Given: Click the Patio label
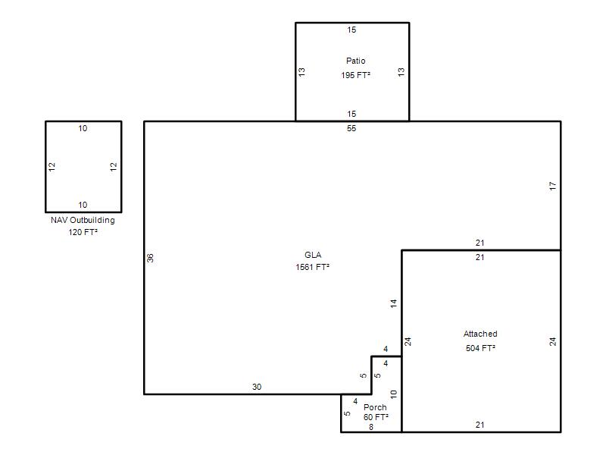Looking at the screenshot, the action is (355, 61).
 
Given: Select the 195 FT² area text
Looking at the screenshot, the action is (355, 75).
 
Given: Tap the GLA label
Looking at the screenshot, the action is (313, 255).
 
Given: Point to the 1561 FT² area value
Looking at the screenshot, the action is (313, 267).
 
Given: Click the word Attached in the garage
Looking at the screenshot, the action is (480, 334).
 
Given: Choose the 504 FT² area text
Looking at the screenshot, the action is (480, 348).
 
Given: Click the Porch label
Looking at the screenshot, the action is (375, 407).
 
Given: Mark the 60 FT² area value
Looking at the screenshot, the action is (376, 417).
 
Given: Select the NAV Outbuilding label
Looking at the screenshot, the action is (83, 220).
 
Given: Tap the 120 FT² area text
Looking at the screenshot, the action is (83, 232).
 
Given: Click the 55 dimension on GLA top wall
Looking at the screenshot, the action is (351, 128).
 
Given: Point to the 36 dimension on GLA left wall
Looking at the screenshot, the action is (150, 258).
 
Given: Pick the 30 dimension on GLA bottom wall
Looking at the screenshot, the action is (257, 387).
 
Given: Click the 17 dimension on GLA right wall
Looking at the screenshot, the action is (553, 186).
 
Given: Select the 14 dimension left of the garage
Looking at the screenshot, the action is (393, 303).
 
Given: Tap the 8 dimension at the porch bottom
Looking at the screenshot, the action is (371, 427).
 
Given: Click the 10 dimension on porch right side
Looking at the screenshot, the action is (393, 394).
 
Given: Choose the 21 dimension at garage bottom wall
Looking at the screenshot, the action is (479, 425).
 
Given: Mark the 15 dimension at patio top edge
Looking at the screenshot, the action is (351, 30).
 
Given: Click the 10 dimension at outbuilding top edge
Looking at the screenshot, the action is (83, 128).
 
